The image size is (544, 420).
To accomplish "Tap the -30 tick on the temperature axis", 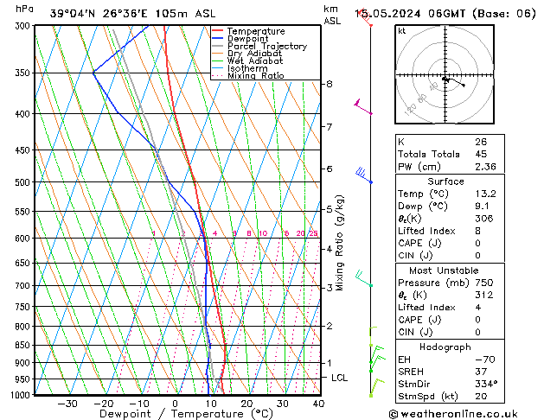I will coord(67,404).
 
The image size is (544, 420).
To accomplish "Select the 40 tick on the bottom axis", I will coord(318,404).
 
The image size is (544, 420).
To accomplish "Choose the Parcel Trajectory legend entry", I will coord(266,47).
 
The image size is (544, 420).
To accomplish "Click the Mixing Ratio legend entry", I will coord(256,76).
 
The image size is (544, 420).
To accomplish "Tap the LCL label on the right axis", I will coord(340,378).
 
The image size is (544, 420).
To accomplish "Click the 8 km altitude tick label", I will coord(329,84).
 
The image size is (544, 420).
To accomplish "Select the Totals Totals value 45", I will coord(481,154).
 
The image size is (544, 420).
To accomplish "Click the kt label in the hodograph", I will coord(402,31).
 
